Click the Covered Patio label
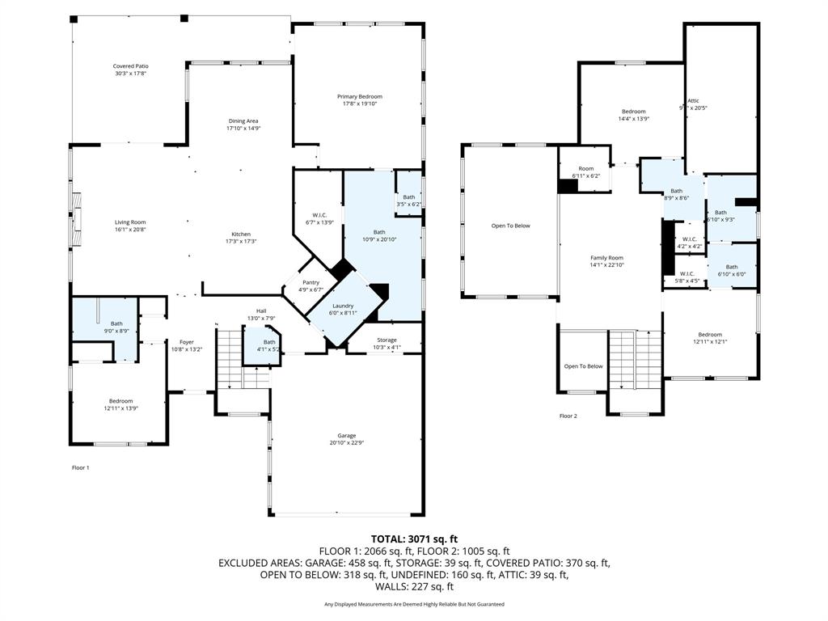pyautogui.click(x=130, y=66)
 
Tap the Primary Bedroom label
pyautogui.click(x=359, y=96)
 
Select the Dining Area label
pyautogui.click(x=243, y=121)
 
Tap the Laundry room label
pyautogui.click(x=342, y=306)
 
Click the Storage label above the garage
pyautogui.click(x=387, y=340)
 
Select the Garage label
pyautogui.click(x=347, y=436)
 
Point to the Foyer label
pyautogui.click(x=186, y=342)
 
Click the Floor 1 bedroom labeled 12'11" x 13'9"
pyautogui.click(x=121, y=404)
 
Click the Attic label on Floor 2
pyautogui.click(x=693, y=100)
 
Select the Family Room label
pyautogui.click(x=606, y=257)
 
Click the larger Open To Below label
pyautogui.click(x=510, y=226)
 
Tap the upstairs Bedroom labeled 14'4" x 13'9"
pyautogui.click(x=633, y=112)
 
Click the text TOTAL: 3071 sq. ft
pyautogui.click(x=414, y=539)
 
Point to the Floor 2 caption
pyautogui.click(x=568, y=416)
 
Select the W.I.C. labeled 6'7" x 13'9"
pyautogui.click(x=319, y=214)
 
